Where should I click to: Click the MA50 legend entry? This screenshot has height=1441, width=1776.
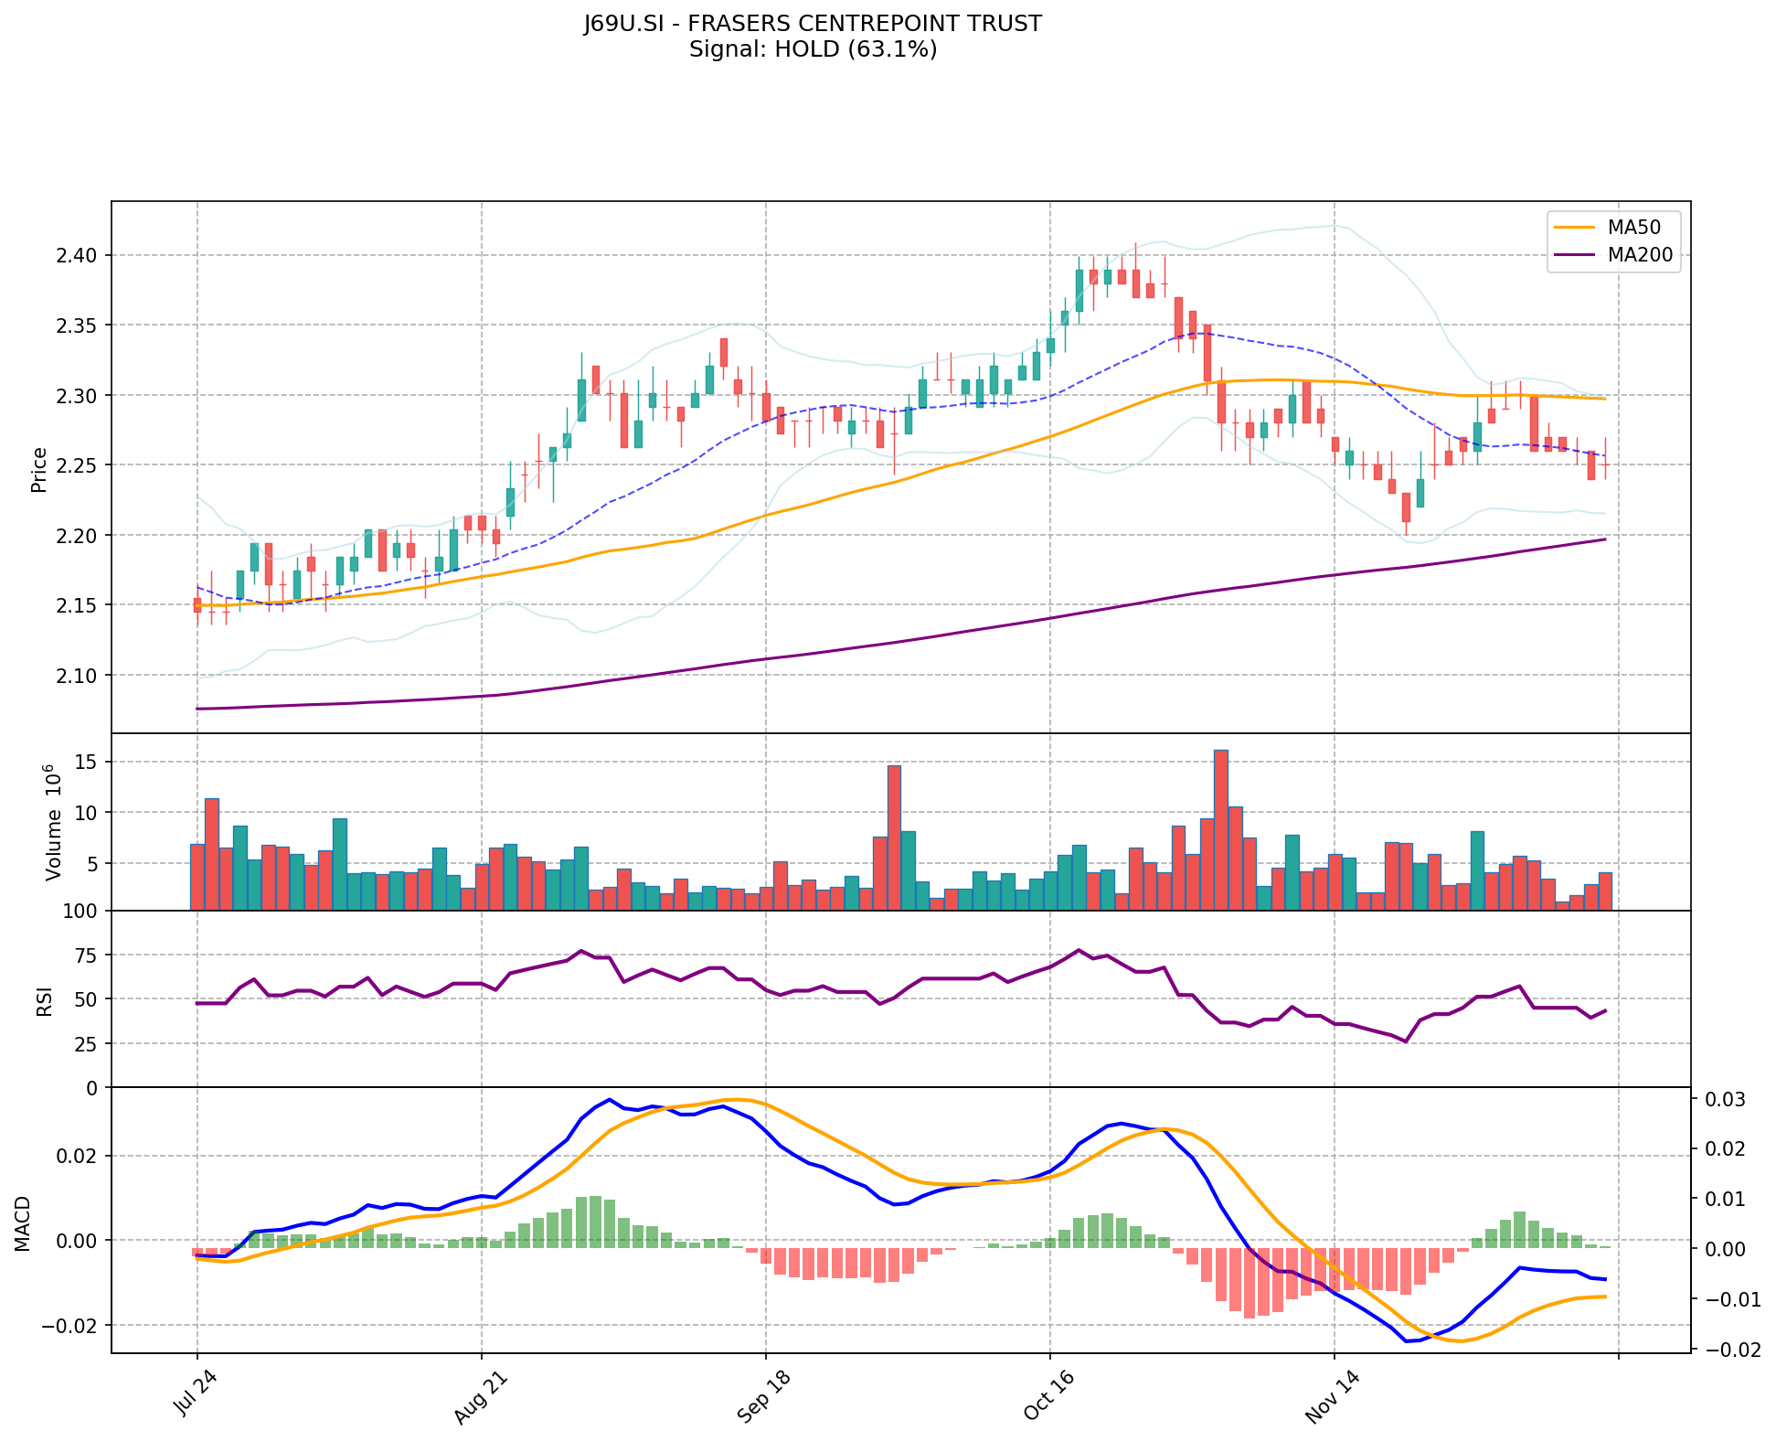click(1633, 227)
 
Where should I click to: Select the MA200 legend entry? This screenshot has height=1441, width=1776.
click(1640, 255)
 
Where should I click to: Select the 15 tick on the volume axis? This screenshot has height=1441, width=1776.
click(90, 763)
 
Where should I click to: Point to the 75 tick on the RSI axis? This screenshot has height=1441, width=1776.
click(90, 955)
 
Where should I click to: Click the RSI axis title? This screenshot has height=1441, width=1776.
click(44, 1000)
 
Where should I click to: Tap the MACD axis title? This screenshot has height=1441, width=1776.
click(22, 1222)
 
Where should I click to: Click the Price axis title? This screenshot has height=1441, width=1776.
click(38, 469)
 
